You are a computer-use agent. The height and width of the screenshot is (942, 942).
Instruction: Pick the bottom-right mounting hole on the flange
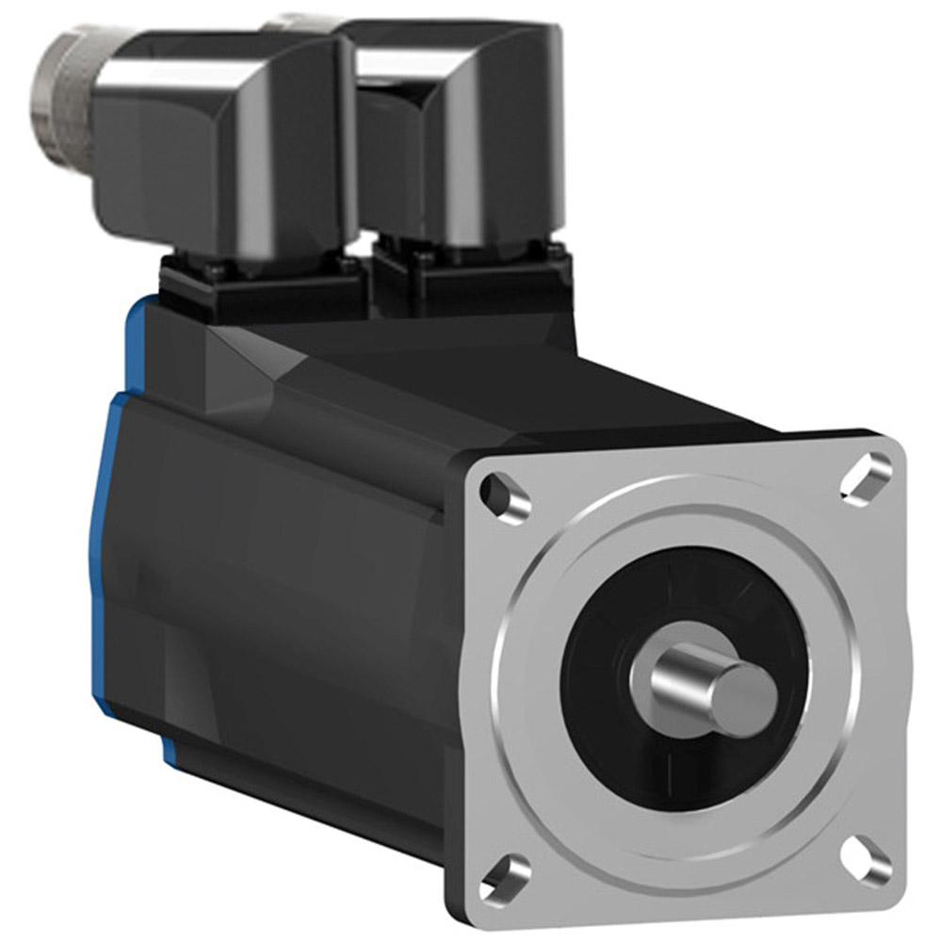[x=866, y=856]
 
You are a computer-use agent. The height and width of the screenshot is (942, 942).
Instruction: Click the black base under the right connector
[x=471, y=278]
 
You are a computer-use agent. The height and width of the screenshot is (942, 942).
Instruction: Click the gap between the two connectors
[x=363, y=188]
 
